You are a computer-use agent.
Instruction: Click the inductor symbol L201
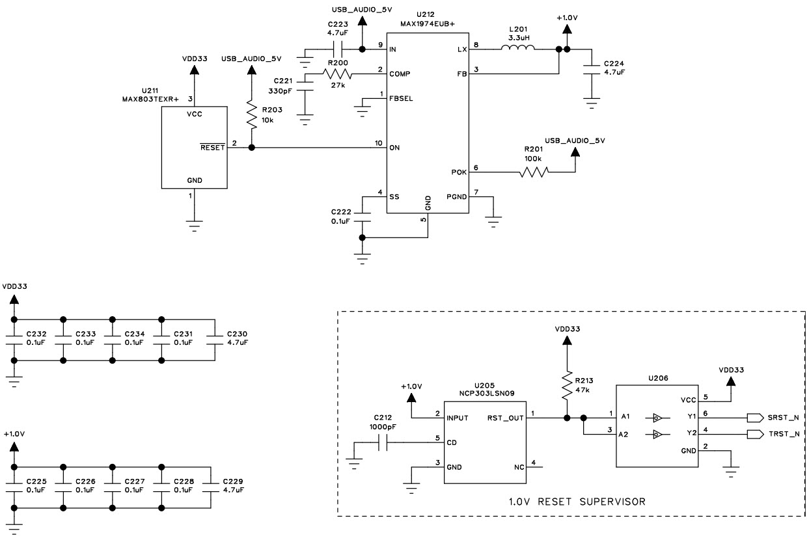[517, 49]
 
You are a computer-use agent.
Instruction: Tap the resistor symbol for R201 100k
[534, 172]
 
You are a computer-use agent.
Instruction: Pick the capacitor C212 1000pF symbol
[383, 444]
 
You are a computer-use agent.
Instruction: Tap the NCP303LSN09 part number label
[484, 394]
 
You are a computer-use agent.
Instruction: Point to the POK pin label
[459, 172]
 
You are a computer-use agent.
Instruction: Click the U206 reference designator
[657, 377]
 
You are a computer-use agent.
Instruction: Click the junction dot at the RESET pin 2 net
[252, 148]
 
